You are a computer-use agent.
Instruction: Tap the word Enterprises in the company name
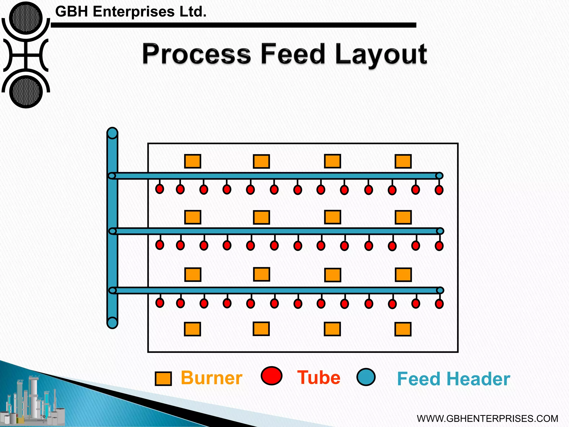(134, 12)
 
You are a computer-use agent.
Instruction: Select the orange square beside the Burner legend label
(163, 379)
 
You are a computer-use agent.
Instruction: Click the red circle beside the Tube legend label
(271, 376)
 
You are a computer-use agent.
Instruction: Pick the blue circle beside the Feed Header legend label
(366, 377)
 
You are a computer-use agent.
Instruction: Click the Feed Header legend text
(453, 379)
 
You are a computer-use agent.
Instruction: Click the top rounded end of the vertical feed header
(112, 133)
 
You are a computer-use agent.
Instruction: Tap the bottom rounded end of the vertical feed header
(112, 323)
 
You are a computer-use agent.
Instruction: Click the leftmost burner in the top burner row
(193, 161)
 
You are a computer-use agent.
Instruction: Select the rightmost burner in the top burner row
(403, 161)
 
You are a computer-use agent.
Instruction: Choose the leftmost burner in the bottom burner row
(192, 329)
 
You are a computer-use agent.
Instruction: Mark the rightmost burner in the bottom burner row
(403, 329)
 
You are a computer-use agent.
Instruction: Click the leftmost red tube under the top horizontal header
(159, 189)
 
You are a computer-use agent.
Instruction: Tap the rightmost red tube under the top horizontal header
(439, 190)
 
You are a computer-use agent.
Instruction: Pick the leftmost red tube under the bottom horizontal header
(160, 302)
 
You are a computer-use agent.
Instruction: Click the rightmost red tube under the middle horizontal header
(439, 246)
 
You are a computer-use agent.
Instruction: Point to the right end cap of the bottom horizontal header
(440, 291)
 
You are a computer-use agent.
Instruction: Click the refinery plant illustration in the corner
(33, 400)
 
